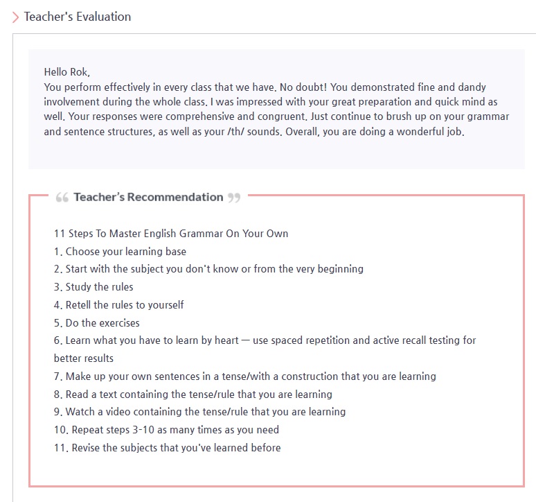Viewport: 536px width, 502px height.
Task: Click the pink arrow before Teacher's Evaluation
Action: pyautogui.click(x=15, y=17)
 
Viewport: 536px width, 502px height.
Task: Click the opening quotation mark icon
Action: pyautogui.click(x=62, y=198)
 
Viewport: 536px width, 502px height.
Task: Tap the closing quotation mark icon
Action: pyautogui.click(x=234, y=198)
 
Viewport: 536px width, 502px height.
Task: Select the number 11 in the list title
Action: pyautogui.click(x=59, y=233)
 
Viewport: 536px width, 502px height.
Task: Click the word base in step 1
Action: pyautogui.click(x=175, y=251)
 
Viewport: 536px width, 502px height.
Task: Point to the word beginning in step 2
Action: pyautogui.click(x=338, y=269)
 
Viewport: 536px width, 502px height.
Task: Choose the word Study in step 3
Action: pyautogui.click(x=80, y=287)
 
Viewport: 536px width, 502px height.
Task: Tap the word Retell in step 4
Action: pyautogui.click(x=81, y=305)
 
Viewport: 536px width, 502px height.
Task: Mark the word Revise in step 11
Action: pyautogui.click(x=88, y=448)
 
